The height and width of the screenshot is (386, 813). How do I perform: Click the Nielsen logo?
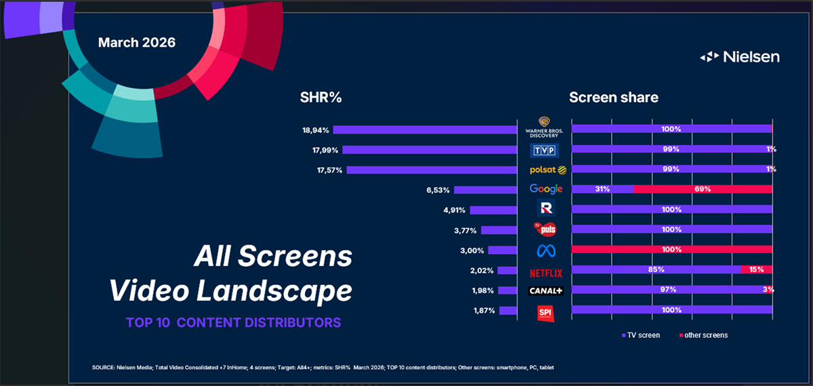[740, 57]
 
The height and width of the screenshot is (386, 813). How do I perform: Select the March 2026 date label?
[137, 42]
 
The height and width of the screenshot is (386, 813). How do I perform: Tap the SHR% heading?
[320, 98]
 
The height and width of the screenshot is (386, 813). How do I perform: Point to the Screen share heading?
[614, 98]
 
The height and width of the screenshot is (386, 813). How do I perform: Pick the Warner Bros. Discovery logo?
[546, 127]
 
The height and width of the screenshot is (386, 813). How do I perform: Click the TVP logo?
[546, 150]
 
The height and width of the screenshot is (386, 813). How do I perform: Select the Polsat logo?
[546, 169]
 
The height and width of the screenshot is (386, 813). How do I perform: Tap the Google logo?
[546, 189]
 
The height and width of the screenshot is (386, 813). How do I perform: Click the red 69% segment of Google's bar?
[703, 189]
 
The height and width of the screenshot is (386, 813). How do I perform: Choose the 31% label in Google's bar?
[601, 189]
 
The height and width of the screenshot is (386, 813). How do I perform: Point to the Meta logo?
[546, 250]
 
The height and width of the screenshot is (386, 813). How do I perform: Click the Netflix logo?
[546, 272]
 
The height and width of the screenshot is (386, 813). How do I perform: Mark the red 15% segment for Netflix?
[756, 270]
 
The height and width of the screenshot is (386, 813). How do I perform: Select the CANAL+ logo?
[546, 291]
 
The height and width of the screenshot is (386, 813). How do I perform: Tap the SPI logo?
[545, 312]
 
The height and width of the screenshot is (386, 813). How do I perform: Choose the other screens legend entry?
[703, 335]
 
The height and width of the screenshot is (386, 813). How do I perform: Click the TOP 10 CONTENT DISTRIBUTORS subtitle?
[233, 322]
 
